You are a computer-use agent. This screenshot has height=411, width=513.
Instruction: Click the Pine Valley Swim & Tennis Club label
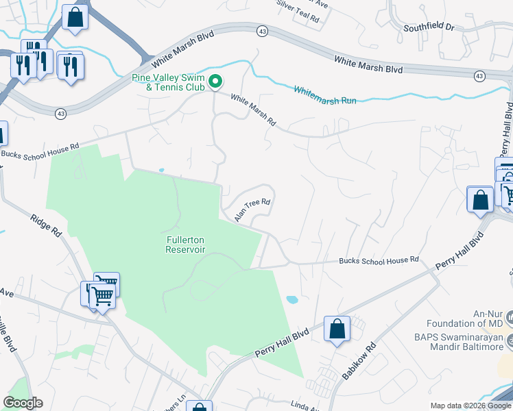click(x=168, y=82)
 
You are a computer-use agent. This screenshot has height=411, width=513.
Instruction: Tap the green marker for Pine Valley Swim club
click(x=215, y=82)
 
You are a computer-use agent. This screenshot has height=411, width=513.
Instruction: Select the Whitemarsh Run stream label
click(x=325, y=95)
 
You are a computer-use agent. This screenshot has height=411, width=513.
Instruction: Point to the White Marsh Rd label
click(x=253, y=110)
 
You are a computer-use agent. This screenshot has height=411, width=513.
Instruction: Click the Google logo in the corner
click(x=23, y=403)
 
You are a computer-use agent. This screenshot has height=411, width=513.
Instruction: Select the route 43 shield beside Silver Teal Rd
click(x=263, y=31)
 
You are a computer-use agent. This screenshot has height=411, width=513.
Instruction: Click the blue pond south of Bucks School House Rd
click(x=291, y=299)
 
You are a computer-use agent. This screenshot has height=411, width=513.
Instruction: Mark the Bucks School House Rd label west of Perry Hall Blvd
click(x=379, y=260)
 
